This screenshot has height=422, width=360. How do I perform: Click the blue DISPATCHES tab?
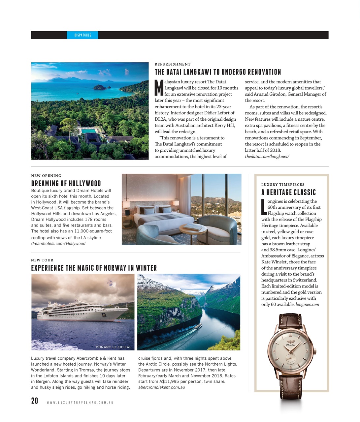click(x=82, y=35)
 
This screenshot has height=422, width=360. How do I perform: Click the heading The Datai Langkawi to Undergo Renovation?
click(x=218, y=72)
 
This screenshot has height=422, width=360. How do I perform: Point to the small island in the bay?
click(x=102, y=87)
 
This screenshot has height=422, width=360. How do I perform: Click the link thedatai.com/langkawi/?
click(x=267, y=156)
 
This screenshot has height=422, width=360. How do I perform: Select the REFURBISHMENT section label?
click(x=173, y=64)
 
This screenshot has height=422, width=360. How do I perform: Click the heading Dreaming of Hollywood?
click(x=66, y=183)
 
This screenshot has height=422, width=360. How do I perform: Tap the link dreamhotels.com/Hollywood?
click(x=58, y=244)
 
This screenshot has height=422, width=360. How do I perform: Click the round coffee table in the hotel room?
click(x=193, y=228)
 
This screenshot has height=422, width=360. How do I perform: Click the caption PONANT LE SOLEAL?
click(x=114, y=347)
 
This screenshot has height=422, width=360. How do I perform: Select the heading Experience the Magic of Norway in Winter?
click(x=94, y=268)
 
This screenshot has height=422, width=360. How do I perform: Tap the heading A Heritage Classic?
click(x=288, y=192)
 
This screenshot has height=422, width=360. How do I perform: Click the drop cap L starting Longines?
click(x=263, y=206)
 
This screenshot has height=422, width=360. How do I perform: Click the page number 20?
click(x=35, y=401)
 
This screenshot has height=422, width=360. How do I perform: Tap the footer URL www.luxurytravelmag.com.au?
click(x=80, y=403)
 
